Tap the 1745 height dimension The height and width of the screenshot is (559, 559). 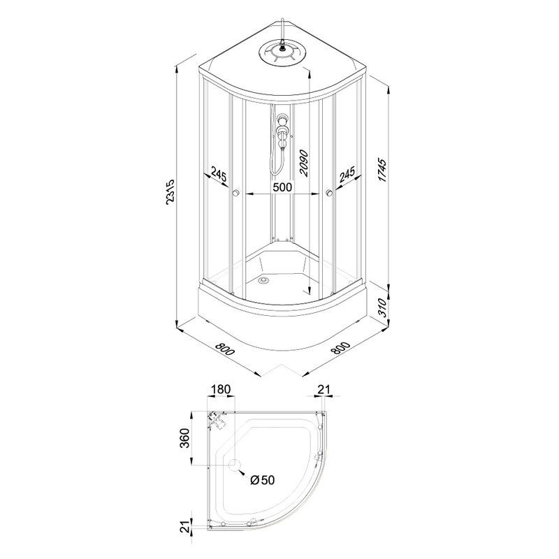[x=382, y=170]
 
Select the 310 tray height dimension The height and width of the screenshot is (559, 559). [x=382, y=307]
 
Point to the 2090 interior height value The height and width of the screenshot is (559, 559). [x=304, y=163]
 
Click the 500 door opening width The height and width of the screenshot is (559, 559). [x=282, y=187]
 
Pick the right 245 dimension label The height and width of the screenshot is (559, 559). [x=347, y=175]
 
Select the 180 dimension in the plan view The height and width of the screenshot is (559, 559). [x=221, y=389]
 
